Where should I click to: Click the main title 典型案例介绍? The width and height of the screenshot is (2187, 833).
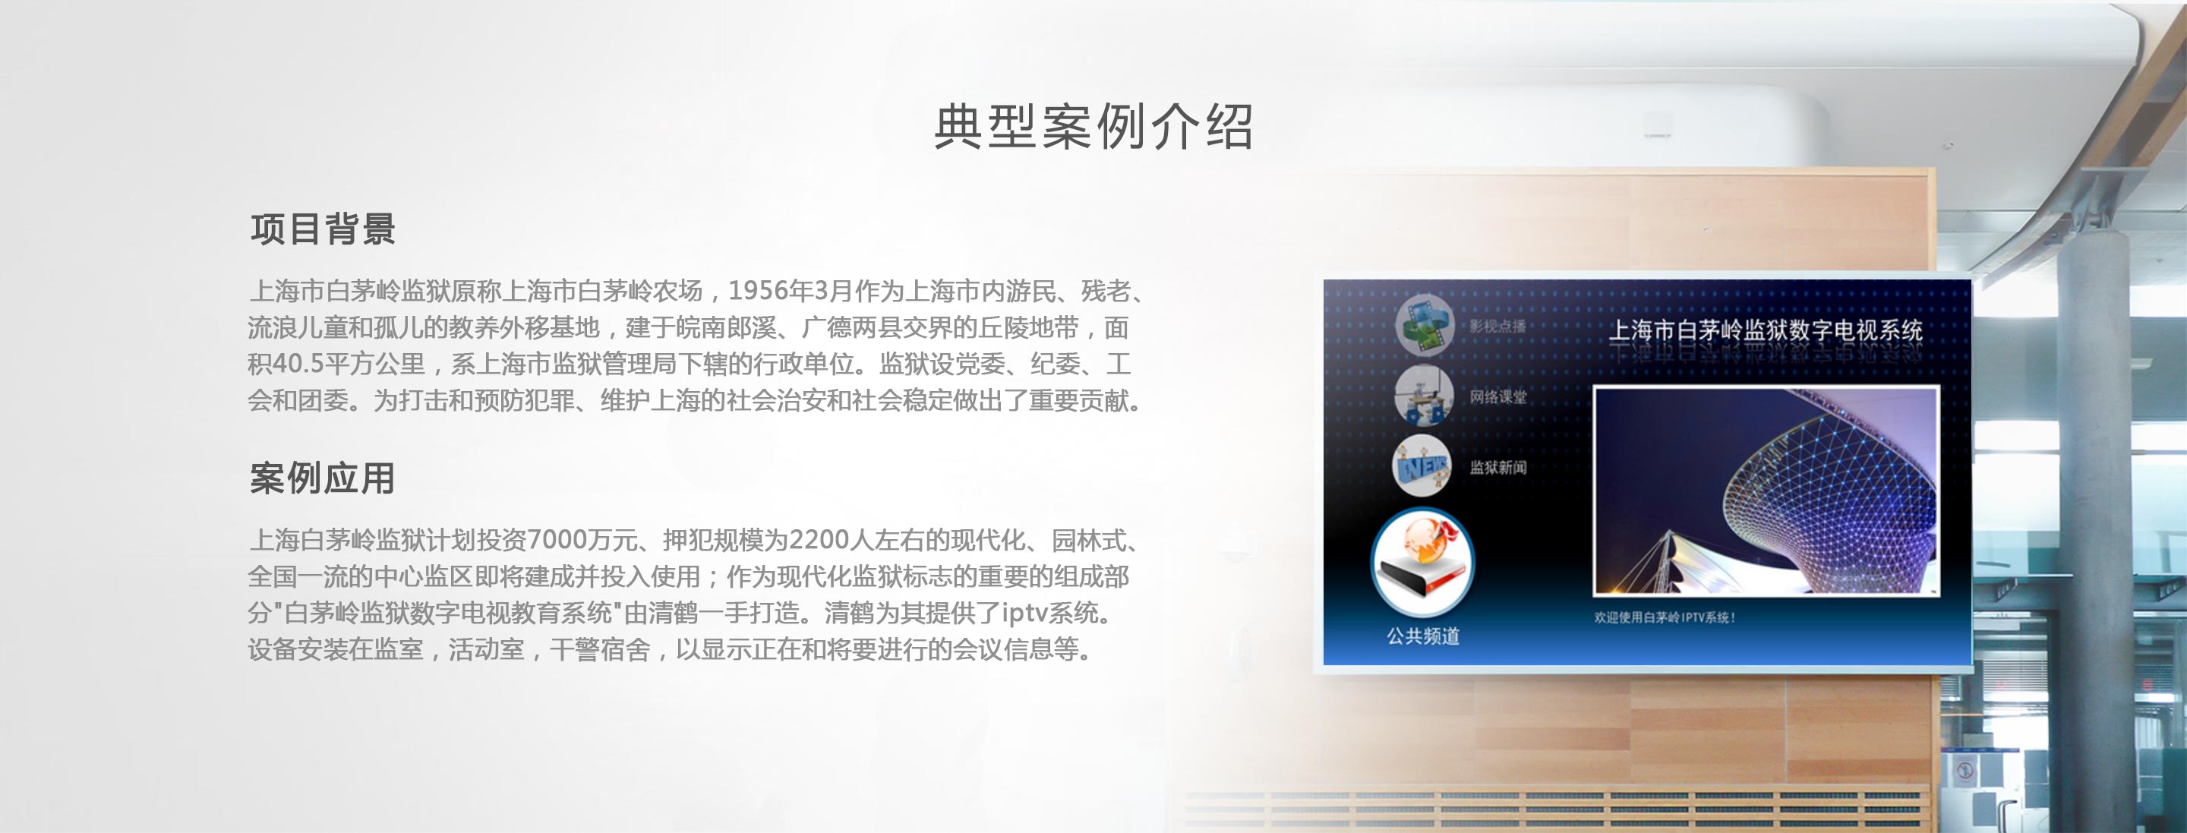(x=1093, y=128)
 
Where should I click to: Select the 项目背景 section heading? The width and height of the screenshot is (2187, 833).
(x=323, y=229)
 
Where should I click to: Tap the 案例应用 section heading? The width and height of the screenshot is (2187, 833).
(x=323, y=478)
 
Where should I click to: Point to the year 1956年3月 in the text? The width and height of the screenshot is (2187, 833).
(x=790, y=292)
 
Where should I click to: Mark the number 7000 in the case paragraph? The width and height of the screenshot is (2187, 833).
(x=557, y=540)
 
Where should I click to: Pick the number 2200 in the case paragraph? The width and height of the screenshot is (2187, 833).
(x=819, y=540)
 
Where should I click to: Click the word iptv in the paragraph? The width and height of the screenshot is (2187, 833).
(x=1024, y=613)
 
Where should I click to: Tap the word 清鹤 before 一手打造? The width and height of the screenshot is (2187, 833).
(x=849, y=613)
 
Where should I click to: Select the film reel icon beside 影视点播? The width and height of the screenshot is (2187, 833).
(x=1425, y=324)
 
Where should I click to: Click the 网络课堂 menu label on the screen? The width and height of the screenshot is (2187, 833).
(x=1498, y=396)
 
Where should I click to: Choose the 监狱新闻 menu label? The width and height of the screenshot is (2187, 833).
(x=1498, y=467)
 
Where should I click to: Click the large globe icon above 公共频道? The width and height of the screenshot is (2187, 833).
(x=1423, y=562)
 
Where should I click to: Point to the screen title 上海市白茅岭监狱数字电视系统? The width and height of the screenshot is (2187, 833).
(x=1766, y=330)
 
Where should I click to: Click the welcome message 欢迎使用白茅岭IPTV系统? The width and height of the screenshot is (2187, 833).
(x=1664, y=617)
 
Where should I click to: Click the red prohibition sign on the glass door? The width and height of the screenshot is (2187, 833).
(x=1965, y=771)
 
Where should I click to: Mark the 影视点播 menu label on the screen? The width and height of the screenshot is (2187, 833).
(x=1498, y=326)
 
